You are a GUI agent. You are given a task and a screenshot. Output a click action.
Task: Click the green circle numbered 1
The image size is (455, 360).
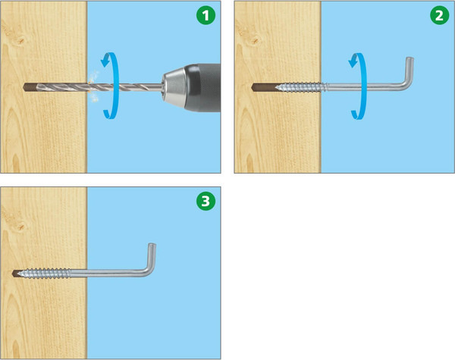tap(206, 15)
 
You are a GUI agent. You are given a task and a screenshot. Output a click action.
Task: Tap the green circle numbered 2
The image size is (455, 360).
tap(440, 15)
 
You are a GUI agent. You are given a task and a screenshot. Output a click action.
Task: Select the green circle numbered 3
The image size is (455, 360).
tap(206, 201)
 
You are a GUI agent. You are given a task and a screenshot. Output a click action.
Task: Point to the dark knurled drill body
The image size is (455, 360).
tap(202, 87)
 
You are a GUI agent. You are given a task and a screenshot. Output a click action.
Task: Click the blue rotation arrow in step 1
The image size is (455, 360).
tap(115, 86)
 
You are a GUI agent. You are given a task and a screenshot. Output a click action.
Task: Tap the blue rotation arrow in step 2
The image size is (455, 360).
tap(363, 86)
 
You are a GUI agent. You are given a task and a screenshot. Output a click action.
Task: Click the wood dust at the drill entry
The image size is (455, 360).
tap(93, 86)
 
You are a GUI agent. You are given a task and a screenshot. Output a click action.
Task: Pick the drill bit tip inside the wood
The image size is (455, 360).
tap(26, 87)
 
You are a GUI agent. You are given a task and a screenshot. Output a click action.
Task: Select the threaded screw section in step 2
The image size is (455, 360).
tap(300, 87)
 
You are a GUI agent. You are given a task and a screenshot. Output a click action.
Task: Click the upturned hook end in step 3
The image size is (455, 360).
tap(150, 258)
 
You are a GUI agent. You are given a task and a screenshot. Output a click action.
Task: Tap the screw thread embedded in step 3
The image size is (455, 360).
tap(43, 274)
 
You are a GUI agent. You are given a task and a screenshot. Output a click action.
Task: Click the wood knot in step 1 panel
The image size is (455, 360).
tap(20, 41)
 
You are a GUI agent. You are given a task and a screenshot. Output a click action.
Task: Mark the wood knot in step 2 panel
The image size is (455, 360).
tap(255, 41)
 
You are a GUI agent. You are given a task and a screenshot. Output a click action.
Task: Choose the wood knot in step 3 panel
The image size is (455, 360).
tap(20, 227)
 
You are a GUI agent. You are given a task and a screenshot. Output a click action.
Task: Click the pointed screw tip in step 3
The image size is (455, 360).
tap(19, 274)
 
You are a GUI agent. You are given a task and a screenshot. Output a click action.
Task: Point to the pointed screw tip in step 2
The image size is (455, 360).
tap(277, 87)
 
